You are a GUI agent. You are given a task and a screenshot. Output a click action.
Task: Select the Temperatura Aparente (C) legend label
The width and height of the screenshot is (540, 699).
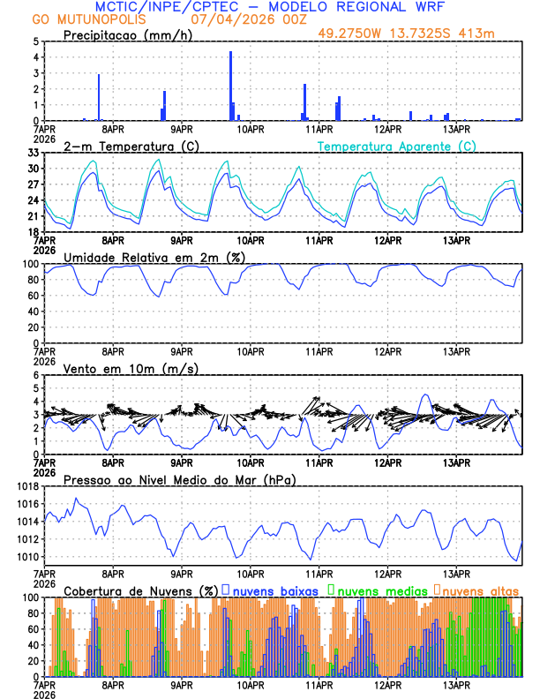397,146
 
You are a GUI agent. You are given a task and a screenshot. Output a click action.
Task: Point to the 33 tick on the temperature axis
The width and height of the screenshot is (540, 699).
33,153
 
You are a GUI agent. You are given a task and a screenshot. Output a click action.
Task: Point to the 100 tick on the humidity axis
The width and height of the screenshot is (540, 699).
30,264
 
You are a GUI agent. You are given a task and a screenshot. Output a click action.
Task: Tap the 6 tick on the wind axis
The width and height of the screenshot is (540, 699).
35,375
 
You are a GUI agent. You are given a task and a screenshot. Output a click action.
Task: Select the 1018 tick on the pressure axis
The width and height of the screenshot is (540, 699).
26,486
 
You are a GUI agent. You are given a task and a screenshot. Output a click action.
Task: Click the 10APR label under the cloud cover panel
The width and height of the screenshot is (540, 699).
250,684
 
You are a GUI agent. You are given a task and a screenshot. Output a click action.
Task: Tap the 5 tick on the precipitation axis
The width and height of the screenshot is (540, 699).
35,41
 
